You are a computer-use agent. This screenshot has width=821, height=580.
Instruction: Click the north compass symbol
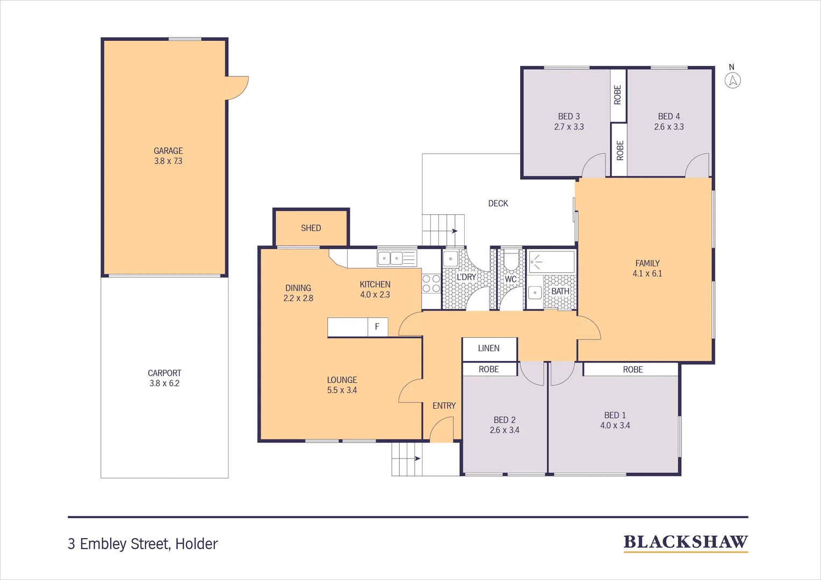[732, 80]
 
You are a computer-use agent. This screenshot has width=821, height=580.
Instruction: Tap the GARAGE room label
[168, 151]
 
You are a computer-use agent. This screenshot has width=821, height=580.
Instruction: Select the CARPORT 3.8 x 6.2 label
[164, 378]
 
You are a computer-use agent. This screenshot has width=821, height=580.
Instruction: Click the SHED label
[311, 228]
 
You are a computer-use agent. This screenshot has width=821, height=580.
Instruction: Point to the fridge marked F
[377, 327]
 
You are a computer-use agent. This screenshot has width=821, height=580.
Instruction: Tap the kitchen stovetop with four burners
[431, 284]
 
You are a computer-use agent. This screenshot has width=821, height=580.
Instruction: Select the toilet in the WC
[510, 260]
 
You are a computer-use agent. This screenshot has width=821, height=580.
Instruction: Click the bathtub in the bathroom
[551, 262]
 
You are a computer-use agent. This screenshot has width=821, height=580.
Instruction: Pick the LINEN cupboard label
[489, 349]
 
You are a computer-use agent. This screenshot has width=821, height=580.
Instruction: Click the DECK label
[498, 204]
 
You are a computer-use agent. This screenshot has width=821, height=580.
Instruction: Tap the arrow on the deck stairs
[455, 231]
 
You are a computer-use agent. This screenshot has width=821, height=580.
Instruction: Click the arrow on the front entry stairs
[417, 459]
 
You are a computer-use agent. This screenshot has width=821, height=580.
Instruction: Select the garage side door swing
[237, 88]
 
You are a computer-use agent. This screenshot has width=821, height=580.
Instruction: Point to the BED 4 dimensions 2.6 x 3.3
[669, 127]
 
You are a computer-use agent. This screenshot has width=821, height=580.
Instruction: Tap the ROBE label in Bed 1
[633, 369]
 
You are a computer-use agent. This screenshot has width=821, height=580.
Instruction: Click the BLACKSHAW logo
[686, 542]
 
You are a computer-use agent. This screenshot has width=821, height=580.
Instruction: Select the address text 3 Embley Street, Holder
[143, 544]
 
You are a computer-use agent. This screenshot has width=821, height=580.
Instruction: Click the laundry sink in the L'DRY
[450, 259]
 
